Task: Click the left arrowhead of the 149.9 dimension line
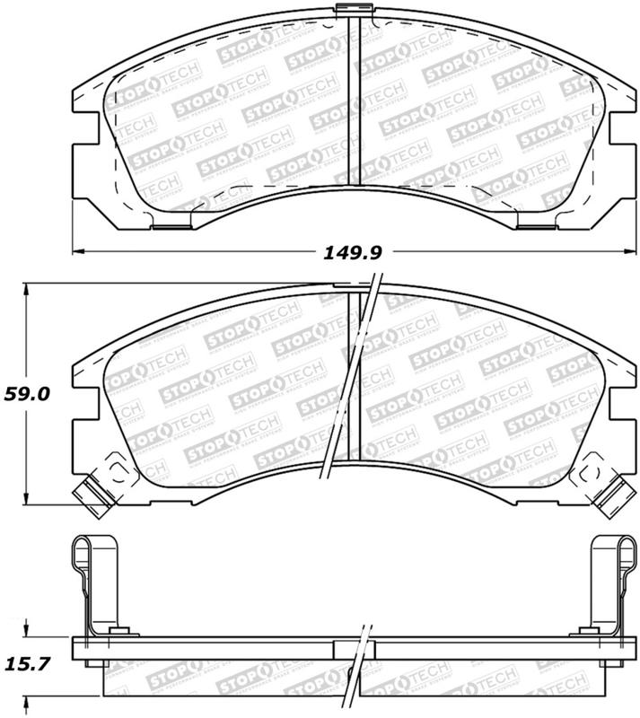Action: point(77,249)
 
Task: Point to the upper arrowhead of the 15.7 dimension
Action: point(29,632)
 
